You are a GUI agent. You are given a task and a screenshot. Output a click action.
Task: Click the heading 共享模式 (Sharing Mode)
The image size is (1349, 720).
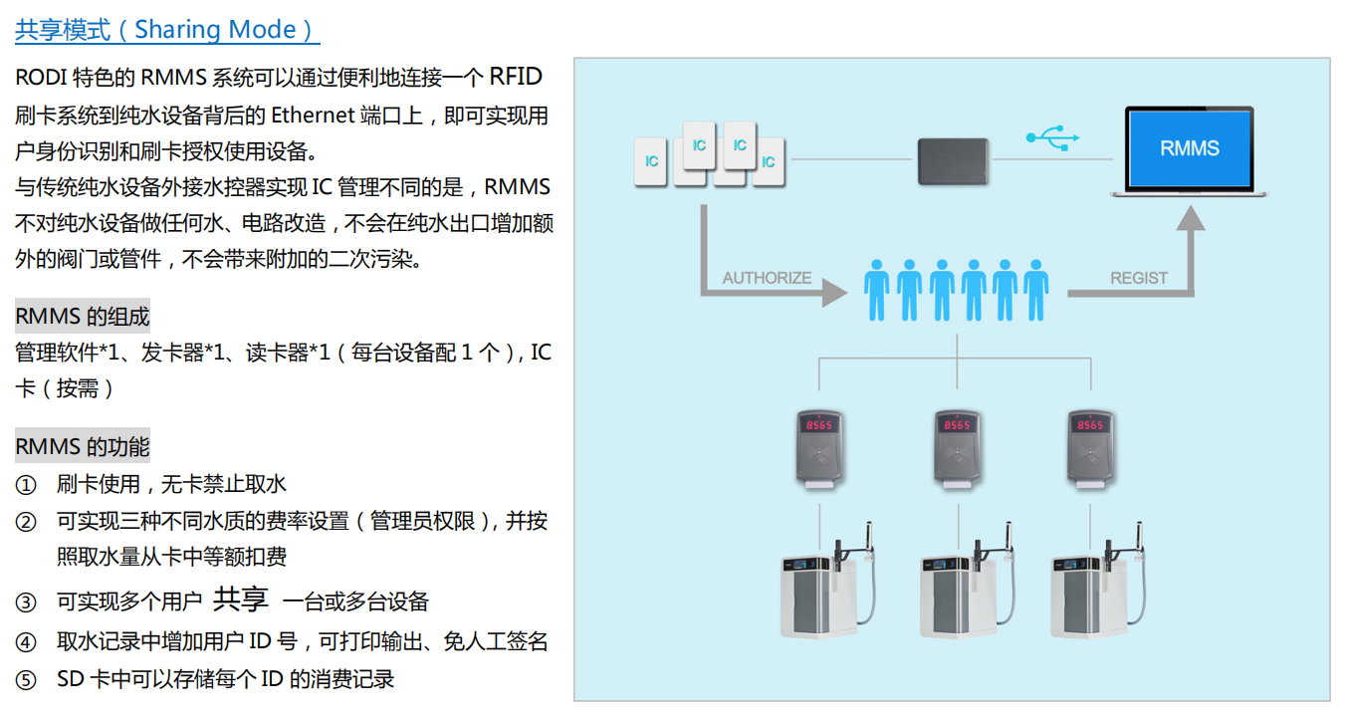[x=166, y=30]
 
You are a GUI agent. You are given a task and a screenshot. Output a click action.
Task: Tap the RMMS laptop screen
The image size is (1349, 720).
[x=1189, y=148]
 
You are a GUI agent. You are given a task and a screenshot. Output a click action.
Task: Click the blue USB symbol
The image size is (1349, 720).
[x=1052, y=136]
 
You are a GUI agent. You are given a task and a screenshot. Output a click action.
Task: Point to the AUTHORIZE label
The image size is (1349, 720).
[x=767, y=278]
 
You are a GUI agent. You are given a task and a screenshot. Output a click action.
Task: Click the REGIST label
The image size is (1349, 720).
[x=1139, y=278]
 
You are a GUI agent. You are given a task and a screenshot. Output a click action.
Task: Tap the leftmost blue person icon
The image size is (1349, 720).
[x=876, y=290]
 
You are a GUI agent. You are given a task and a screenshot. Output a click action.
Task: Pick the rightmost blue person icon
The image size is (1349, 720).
[x=1036, y=290]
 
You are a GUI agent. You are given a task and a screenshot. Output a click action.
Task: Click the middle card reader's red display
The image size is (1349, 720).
[x=957, y=425]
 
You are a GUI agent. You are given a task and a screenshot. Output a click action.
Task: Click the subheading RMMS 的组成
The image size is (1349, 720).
[x=83, y=317]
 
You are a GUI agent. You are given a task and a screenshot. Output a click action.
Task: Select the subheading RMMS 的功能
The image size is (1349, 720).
[x=83, y=446]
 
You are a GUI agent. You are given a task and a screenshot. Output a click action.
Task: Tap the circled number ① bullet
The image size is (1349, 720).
[x=26, y=485]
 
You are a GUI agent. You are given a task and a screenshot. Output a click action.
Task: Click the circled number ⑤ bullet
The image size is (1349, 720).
[x=26, y=680]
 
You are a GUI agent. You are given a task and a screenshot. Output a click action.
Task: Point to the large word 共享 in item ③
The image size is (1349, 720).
[x=241, y=599]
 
